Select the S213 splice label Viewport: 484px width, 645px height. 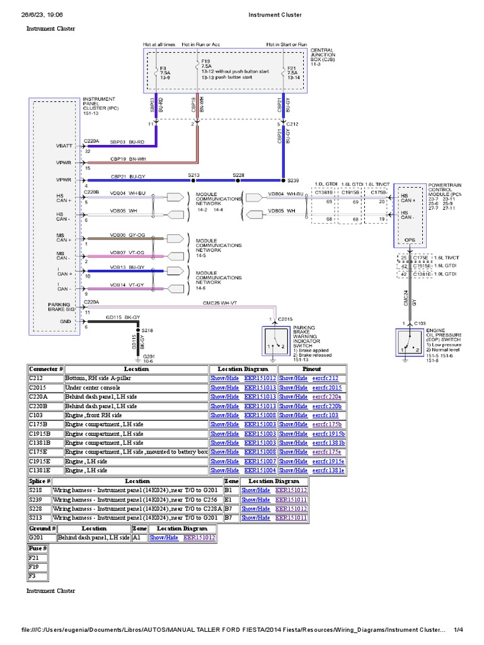click(x=194, y=175)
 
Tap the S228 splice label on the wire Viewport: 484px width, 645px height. click(x=238, y=175)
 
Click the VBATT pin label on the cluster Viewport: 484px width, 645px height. click(x=65, y=146)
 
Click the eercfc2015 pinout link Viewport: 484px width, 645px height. click(x=327, y=388)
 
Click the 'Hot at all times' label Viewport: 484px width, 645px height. click(x=160, y=45)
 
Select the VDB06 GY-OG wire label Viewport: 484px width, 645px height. click(x=127, y=235)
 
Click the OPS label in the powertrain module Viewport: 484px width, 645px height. click(x=410, y=239)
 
